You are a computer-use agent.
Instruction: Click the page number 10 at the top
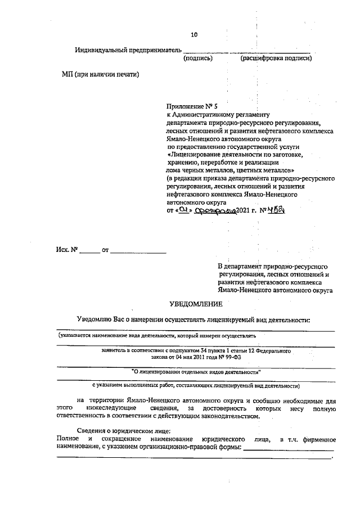click(x=194, y=35)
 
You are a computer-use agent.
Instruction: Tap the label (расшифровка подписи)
click(x=276, y=58)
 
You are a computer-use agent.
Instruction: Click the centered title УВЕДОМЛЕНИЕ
click(x=196, y=304)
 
